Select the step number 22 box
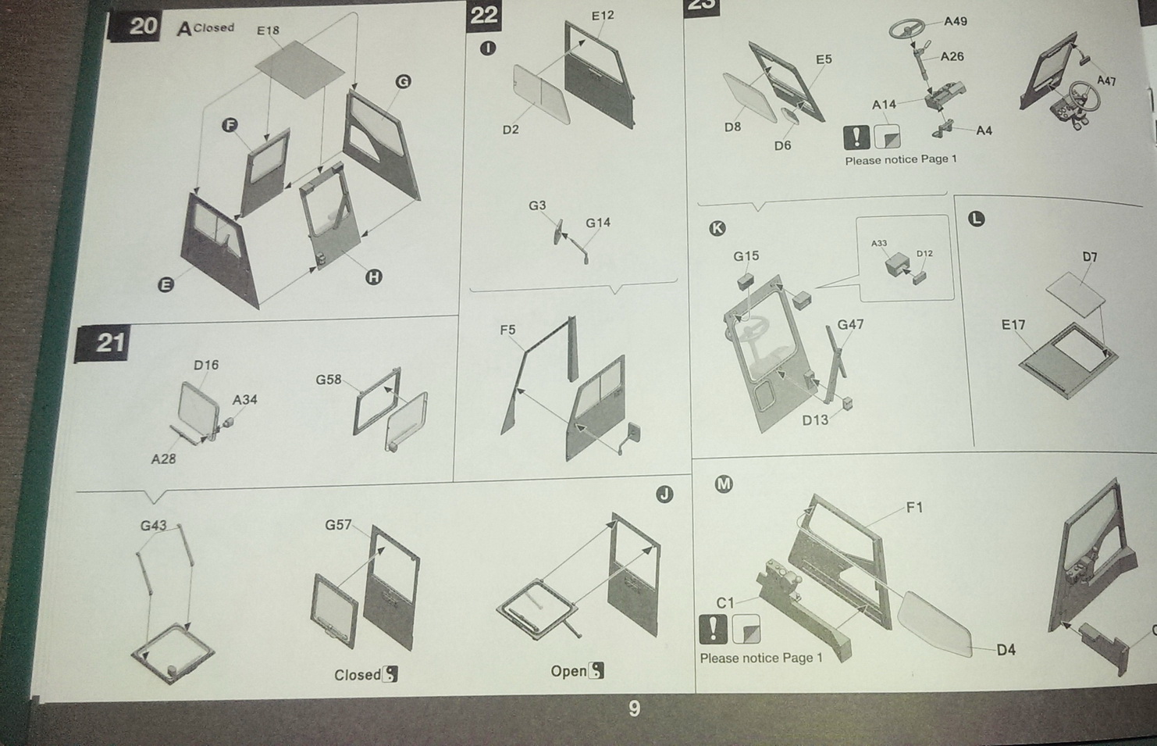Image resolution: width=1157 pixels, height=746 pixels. tap(484, 16)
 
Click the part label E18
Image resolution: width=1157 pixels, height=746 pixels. tap(268, 31)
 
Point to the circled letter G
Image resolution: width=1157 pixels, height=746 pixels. tap(403, 81)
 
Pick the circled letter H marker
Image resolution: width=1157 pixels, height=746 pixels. tap(374, 277)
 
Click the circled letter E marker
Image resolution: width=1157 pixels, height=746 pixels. tap(166, 285)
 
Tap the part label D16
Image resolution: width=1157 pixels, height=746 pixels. tap(206, 365)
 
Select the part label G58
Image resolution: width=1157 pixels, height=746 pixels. tap(329, 380)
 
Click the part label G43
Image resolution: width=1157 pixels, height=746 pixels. tap(153, 526)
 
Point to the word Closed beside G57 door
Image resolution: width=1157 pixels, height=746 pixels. tap(358, 675)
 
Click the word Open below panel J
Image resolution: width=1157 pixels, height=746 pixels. tap(568, 671)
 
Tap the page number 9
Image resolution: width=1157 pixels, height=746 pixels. tap(635, 709)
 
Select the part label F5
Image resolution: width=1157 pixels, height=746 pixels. tap(507, 330)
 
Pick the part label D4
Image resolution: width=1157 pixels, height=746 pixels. tap(1006, 650)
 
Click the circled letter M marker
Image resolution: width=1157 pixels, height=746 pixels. tap(724, 484)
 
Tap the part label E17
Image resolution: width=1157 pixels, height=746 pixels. tap(1013, 325)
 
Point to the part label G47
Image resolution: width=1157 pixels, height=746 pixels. tap(850, 325)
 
